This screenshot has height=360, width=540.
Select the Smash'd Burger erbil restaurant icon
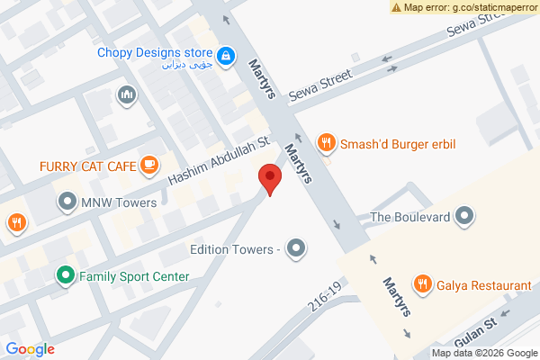click(x=327, y=141)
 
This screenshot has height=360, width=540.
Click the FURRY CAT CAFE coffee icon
click(x=149, y=166)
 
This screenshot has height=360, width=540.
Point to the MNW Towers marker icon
click(x=67, y=202)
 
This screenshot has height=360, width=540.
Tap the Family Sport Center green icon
click(x=65, y=275)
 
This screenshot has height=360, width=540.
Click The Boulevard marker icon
click(x=464, y=216)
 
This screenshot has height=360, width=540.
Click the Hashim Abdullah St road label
click(x=220, y=162)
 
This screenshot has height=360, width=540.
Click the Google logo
click(x=31, y=349)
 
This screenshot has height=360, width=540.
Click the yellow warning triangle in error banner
click(x=396, y=7)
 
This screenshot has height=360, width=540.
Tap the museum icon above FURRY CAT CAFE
click(x=126, y=94)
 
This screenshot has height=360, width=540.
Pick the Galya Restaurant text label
click(x=484, y=285)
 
